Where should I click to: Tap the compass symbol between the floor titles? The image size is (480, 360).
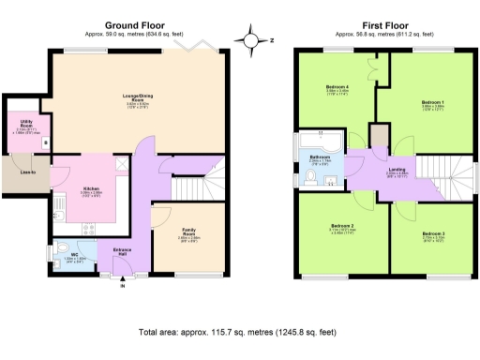(x=251, y=40)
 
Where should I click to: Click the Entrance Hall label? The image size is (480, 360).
(x=122, y=252)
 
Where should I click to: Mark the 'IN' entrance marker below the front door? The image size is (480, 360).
(x=122, y=285)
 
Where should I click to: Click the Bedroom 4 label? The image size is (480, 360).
(x=337, y=88)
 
